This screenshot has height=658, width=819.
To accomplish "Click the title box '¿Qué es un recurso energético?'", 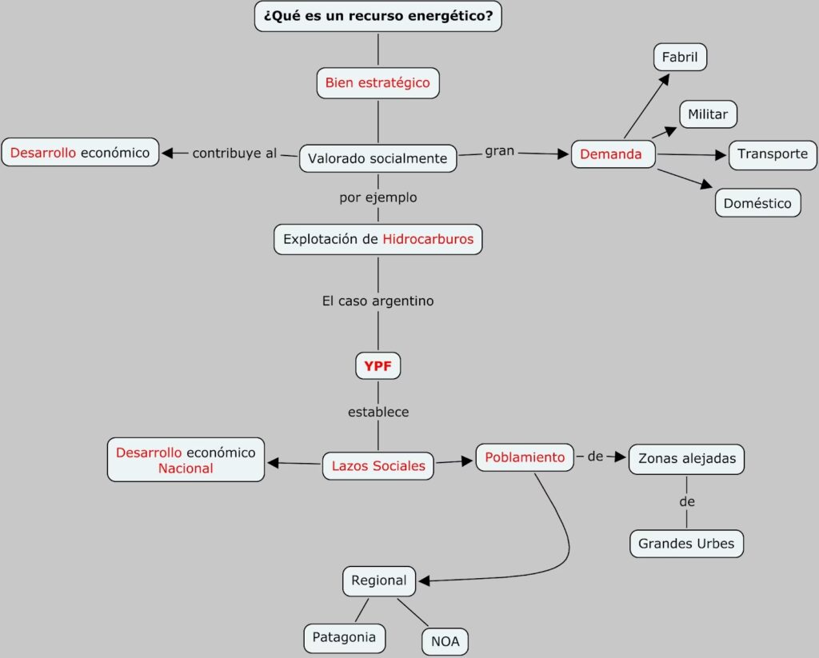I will (378, 16).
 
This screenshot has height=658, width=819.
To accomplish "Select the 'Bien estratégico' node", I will (378, 82).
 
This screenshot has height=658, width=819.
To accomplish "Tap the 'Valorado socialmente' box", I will (378, 158).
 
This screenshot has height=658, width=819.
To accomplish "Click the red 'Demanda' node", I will (611, 154).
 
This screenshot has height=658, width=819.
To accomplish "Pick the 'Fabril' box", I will (680, 58).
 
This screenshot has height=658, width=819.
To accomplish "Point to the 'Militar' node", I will (708, 114).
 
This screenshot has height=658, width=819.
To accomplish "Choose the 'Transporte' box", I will (773, 154).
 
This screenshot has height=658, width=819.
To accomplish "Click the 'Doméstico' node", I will (757, 203).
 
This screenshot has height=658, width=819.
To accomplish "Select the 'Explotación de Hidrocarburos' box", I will (378, 239).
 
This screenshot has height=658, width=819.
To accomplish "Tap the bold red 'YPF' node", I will (378, 366).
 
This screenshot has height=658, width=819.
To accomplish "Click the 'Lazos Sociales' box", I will (378, 465).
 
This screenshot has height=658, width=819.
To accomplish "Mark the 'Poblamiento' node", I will (525, 457).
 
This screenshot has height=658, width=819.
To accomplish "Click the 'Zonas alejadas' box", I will (686, 459).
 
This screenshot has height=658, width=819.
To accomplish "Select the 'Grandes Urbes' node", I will (686, 544).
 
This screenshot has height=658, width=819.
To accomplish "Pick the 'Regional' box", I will (379, 580).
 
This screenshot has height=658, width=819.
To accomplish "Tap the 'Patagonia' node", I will (344, 638).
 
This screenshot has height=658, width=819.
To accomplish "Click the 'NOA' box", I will (445, 640).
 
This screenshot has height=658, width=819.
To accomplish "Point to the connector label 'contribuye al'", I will (234, 153).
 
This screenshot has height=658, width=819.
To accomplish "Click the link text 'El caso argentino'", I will (378, 301).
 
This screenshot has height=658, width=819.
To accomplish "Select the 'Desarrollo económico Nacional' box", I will (186, 461).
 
